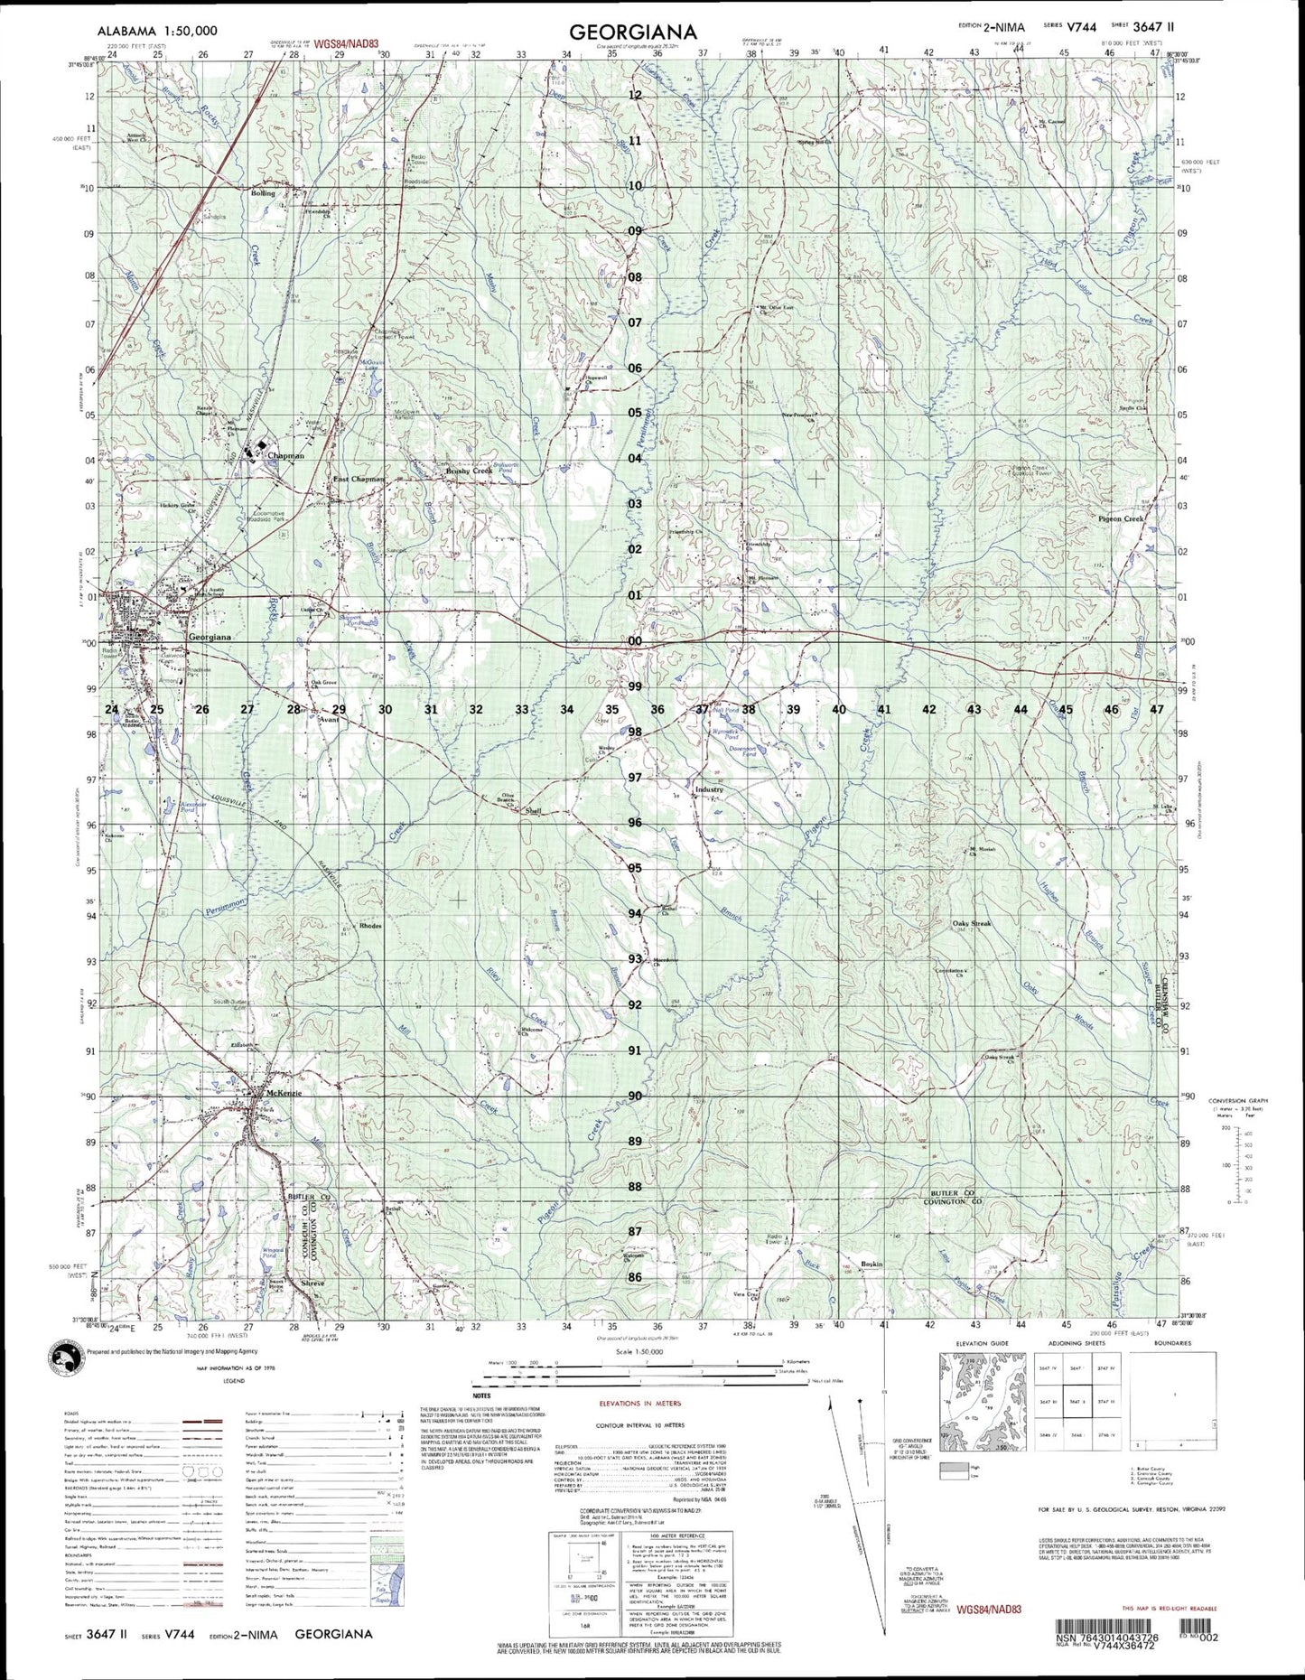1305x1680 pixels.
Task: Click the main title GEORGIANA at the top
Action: click(632, 32)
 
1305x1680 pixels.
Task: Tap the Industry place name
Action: click(709, 789)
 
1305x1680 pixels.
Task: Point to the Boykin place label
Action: click(871, 1264)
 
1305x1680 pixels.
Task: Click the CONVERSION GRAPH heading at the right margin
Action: click(1247, 1100)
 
